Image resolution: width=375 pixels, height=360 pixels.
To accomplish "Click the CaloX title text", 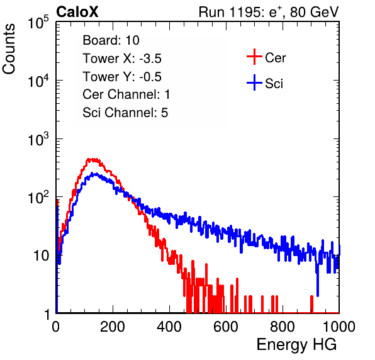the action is click(x=77, y=12).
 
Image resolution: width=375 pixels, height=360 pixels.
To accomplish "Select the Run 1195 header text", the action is click(x=269, y=12).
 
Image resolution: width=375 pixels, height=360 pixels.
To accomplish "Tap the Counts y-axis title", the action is click(x=9, y=49).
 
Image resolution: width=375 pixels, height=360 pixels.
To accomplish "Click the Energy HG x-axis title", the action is click(x=296, y=345).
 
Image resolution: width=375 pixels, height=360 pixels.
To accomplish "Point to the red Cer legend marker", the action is click(x=254, y=57).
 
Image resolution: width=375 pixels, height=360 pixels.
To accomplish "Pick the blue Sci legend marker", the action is click(x=254, y=82).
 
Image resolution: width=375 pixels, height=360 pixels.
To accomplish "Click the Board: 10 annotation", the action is click(x=111, y=40).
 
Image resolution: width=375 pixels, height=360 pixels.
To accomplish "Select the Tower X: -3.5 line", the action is click(x=122, y=59).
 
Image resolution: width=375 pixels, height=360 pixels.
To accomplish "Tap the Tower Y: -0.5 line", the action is click(x=122, y=77).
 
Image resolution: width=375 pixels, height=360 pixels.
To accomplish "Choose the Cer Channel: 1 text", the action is click(x=126, y=94).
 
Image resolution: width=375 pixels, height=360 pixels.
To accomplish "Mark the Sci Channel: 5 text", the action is click(x=125, y=113).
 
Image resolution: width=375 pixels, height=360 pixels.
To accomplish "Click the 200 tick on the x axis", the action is click(x=113, y=327).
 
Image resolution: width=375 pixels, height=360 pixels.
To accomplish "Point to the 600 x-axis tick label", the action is click(x=226, y=327).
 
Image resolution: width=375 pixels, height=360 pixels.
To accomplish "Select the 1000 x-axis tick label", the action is click(x=339, y=327).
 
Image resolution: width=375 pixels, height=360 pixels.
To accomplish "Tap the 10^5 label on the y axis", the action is click(x=38, y=23).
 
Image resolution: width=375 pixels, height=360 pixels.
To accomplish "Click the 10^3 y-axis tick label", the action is click(x=38, y=139).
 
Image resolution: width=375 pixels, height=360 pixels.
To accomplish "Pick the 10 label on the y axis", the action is click(x=41, y=256).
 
